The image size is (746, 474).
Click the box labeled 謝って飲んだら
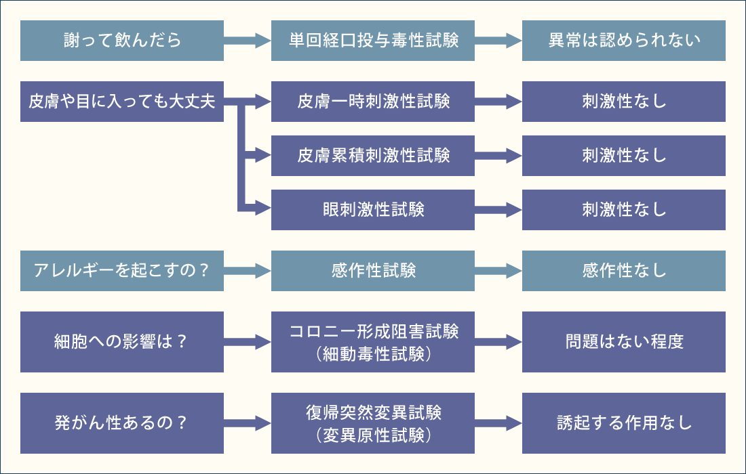122,41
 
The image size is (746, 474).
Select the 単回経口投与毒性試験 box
373,41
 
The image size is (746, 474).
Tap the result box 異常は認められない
624,41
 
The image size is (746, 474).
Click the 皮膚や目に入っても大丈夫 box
122,102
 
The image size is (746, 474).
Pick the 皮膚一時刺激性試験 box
373,102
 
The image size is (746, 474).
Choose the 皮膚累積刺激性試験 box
373,156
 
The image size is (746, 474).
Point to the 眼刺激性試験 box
373,210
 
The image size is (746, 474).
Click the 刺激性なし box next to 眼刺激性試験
624,210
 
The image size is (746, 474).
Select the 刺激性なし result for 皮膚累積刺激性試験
624,156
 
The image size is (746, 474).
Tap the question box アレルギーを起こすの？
122,271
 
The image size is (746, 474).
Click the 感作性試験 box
373,271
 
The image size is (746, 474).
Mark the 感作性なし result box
624,271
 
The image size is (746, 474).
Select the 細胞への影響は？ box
122,342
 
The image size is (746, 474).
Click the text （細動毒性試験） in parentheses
373,353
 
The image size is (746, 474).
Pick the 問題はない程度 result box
624,342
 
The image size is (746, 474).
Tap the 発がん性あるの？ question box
122,423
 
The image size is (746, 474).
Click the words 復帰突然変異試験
373,412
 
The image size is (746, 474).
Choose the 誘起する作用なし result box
624,423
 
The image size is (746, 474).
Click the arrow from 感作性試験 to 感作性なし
498,271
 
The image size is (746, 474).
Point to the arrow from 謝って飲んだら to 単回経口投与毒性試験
248,41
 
